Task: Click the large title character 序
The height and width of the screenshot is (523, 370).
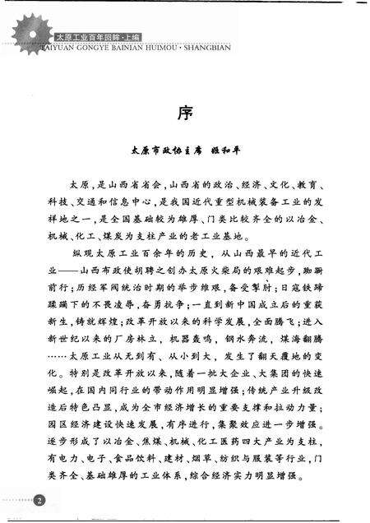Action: pos(185,113)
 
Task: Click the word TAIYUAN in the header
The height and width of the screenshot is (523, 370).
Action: pos(62,47)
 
